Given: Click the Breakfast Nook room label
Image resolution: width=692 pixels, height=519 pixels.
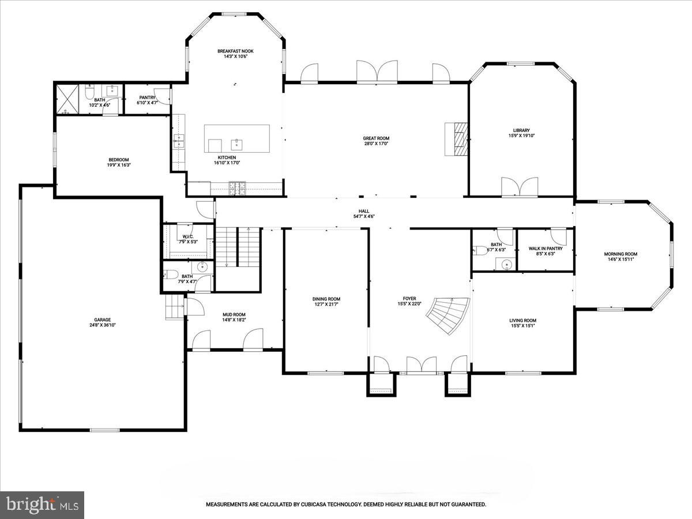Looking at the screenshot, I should click(235, 51).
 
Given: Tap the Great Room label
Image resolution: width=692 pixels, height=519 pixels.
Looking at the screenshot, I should click(376, 138).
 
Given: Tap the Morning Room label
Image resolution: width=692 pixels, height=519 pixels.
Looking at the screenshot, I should click(620, 254).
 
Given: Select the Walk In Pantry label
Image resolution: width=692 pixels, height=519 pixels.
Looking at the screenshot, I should click(546, 249).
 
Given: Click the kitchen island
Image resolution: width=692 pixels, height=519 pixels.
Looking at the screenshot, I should click(237, 138).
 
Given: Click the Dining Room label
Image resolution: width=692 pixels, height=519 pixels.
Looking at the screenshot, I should click(326, 299).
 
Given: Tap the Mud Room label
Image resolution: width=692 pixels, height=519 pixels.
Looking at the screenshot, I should click(234, 315).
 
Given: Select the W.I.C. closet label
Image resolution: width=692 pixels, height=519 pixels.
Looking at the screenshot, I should click(187, 236).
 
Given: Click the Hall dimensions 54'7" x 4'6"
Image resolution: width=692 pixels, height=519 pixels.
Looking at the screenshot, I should click(364, 216).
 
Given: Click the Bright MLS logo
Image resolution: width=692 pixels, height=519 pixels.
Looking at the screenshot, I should click(42, 505).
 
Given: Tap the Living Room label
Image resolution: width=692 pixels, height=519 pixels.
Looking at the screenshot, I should click(522, 321).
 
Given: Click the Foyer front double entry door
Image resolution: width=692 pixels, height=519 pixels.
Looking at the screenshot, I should click(421, 366).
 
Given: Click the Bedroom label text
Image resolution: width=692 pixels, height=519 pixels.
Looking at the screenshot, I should click(119, 160).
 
